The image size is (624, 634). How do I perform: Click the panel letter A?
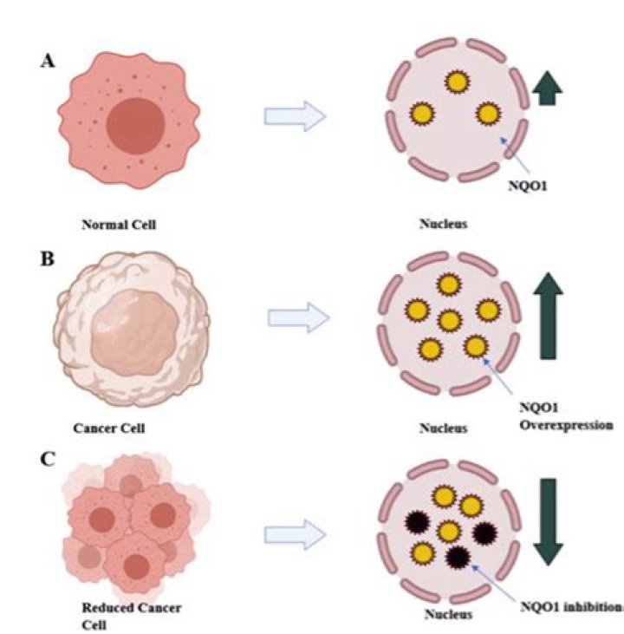(48, 61)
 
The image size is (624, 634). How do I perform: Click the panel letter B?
(48, 258)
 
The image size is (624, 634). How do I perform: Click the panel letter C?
(48, 459)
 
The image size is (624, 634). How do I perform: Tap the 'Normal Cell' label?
(119, 225)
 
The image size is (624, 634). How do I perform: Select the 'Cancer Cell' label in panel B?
(109, 428)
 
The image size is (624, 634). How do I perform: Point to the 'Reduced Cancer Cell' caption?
(132, 616)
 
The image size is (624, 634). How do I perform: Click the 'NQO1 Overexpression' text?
(566, 416)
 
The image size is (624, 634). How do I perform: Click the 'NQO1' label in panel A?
(528, 186)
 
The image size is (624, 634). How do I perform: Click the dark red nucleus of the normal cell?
(136, 126)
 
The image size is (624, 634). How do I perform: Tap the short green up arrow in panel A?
(547, 88)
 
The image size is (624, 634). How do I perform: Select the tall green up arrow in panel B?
(548, 316)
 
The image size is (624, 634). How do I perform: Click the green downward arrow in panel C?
(548, 522)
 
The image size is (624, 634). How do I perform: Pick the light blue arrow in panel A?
(295, 116)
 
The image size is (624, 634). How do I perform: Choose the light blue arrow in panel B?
(299, 317)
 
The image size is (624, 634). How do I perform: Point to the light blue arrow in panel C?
(295, 534)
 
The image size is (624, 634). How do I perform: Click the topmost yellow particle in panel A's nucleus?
(457, 82)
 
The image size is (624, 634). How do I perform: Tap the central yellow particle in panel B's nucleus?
(450, 321)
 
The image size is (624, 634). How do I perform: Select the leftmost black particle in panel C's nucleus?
(417, 522)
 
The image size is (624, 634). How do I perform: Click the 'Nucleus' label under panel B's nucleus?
(444, 428)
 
